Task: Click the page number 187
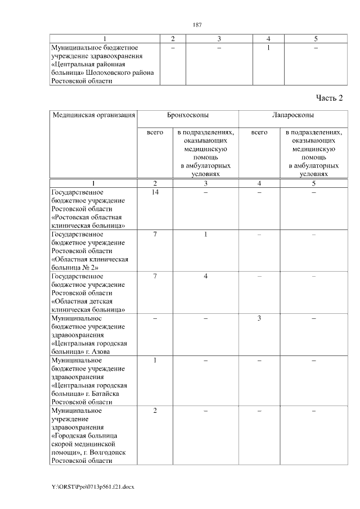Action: pyautogui.click(x=197, y=25)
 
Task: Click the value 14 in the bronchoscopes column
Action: pyautogui.click(x=155, y=193)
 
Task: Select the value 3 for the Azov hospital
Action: pyautogui.click(x=259, y=318)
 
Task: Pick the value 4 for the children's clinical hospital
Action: pyautogui.click(x=206, y=276)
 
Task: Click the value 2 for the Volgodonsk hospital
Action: pyautogui.click(x=155, y=411)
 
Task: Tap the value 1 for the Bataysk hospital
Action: pyautogui.click(x=155, y=360)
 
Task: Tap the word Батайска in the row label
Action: pyautogui.click(x=112, y=394)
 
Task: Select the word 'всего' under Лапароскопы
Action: pyautogui.click(x=259, y=132)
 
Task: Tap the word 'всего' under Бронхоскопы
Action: pyautogui.click(x=155, y=132)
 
